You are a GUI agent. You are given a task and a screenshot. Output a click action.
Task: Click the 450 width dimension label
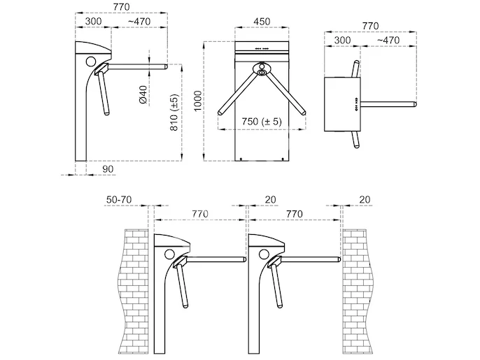tap(262, 22)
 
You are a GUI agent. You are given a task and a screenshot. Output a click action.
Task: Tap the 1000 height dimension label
tap(199, 101)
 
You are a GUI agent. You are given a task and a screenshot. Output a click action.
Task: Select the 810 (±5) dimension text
tap(174, 113)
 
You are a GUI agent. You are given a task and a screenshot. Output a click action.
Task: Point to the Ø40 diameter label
tap(143, 94)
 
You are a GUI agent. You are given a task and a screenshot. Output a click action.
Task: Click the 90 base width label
tap(108, 169)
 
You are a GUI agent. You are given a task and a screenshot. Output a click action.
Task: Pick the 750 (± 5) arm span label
tap(262, 122)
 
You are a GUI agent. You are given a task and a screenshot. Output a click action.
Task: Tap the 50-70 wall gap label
tap(119, 200)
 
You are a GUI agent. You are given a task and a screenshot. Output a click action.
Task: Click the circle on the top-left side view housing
tap(91, 62)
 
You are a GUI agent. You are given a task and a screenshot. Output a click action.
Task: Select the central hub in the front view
tap(262, 69)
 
